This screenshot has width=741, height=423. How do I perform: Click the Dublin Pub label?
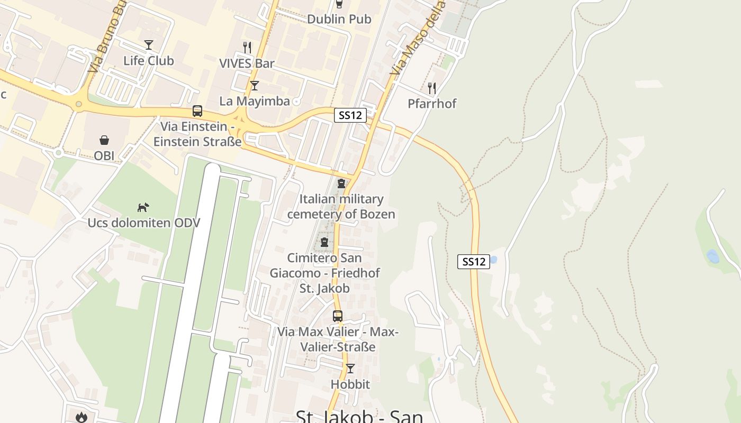339,19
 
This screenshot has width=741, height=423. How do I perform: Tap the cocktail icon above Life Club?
149,45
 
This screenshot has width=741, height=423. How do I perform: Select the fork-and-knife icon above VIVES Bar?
247,48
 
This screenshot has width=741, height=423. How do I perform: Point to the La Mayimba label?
255,101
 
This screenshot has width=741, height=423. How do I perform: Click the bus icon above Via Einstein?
197,111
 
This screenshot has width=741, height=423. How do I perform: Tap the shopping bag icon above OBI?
104,140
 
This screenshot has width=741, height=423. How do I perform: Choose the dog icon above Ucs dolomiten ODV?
143,207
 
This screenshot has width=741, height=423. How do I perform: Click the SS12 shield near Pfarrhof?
350,115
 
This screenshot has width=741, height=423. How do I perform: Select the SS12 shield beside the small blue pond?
473,261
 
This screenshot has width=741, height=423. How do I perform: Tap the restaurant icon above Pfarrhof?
432,88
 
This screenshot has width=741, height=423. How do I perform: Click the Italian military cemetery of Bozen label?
341,207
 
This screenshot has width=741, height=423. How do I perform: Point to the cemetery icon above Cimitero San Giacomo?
324,243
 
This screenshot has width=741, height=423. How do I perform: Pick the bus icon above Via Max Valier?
338,316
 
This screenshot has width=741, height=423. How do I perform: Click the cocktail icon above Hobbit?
350,369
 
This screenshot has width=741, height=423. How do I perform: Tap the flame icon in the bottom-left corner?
81,417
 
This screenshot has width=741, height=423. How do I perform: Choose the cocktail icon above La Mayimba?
255,85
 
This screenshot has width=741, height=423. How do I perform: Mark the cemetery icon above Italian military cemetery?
341,183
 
